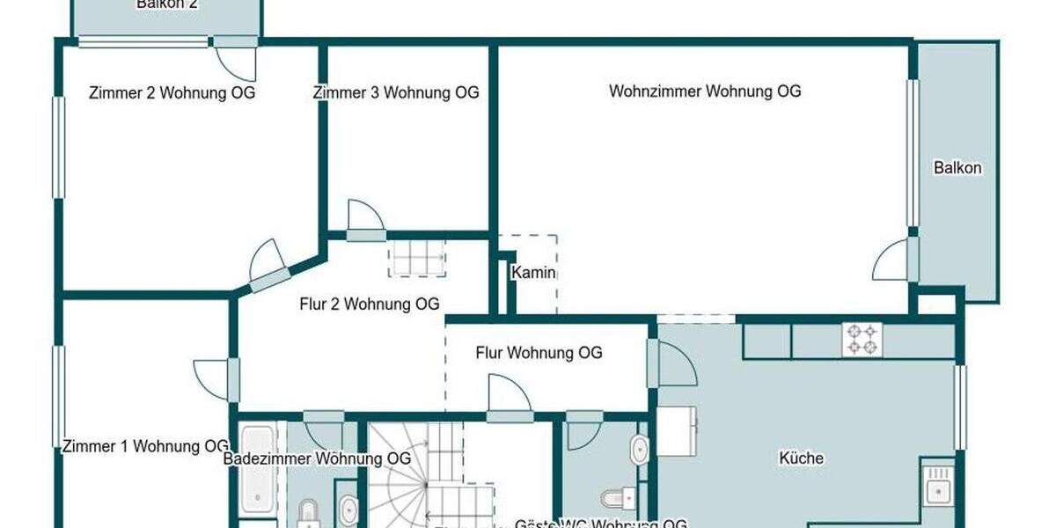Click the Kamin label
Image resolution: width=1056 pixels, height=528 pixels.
[x=534, y=273]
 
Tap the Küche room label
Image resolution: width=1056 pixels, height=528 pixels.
[x=801, y=458]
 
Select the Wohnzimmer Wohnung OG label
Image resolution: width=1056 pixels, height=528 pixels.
[x=705, y=92]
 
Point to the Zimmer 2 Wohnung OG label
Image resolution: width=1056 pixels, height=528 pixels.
[x=172, y=93]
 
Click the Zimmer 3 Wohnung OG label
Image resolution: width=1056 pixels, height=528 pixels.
[x=396, y=93]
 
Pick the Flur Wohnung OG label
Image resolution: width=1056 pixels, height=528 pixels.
[x=539, y=353]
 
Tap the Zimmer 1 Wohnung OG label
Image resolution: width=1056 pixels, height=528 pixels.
[x=146, y=447]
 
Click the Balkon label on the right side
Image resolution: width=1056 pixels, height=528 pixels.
[x=957, y=168]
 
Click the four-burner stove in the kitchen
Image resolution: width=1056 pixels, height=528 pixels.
[x=862, y=341]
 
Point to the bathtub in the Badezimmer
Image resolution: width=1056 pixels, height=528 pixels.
[x=257, y=471]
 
